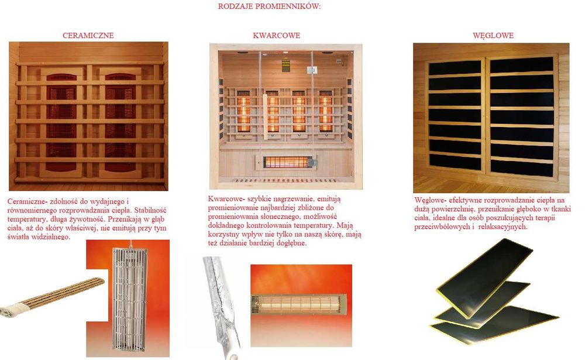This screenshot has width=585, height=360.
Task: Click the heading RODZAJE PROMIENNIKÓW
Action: pos(269,7)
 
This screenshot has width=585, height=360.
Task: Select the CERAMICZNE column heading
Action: pos(88,36)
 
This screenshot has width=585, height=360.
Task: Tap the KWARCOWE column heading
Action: pos(276,36)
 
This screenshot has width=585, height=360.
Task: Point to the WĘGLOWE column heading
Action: pos(493,36)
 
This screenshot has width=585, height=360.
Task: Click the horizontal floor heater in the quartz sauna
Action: pos(287,160)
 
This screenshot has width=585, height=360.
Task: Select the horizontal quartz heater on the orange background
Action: pos(300,303)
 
